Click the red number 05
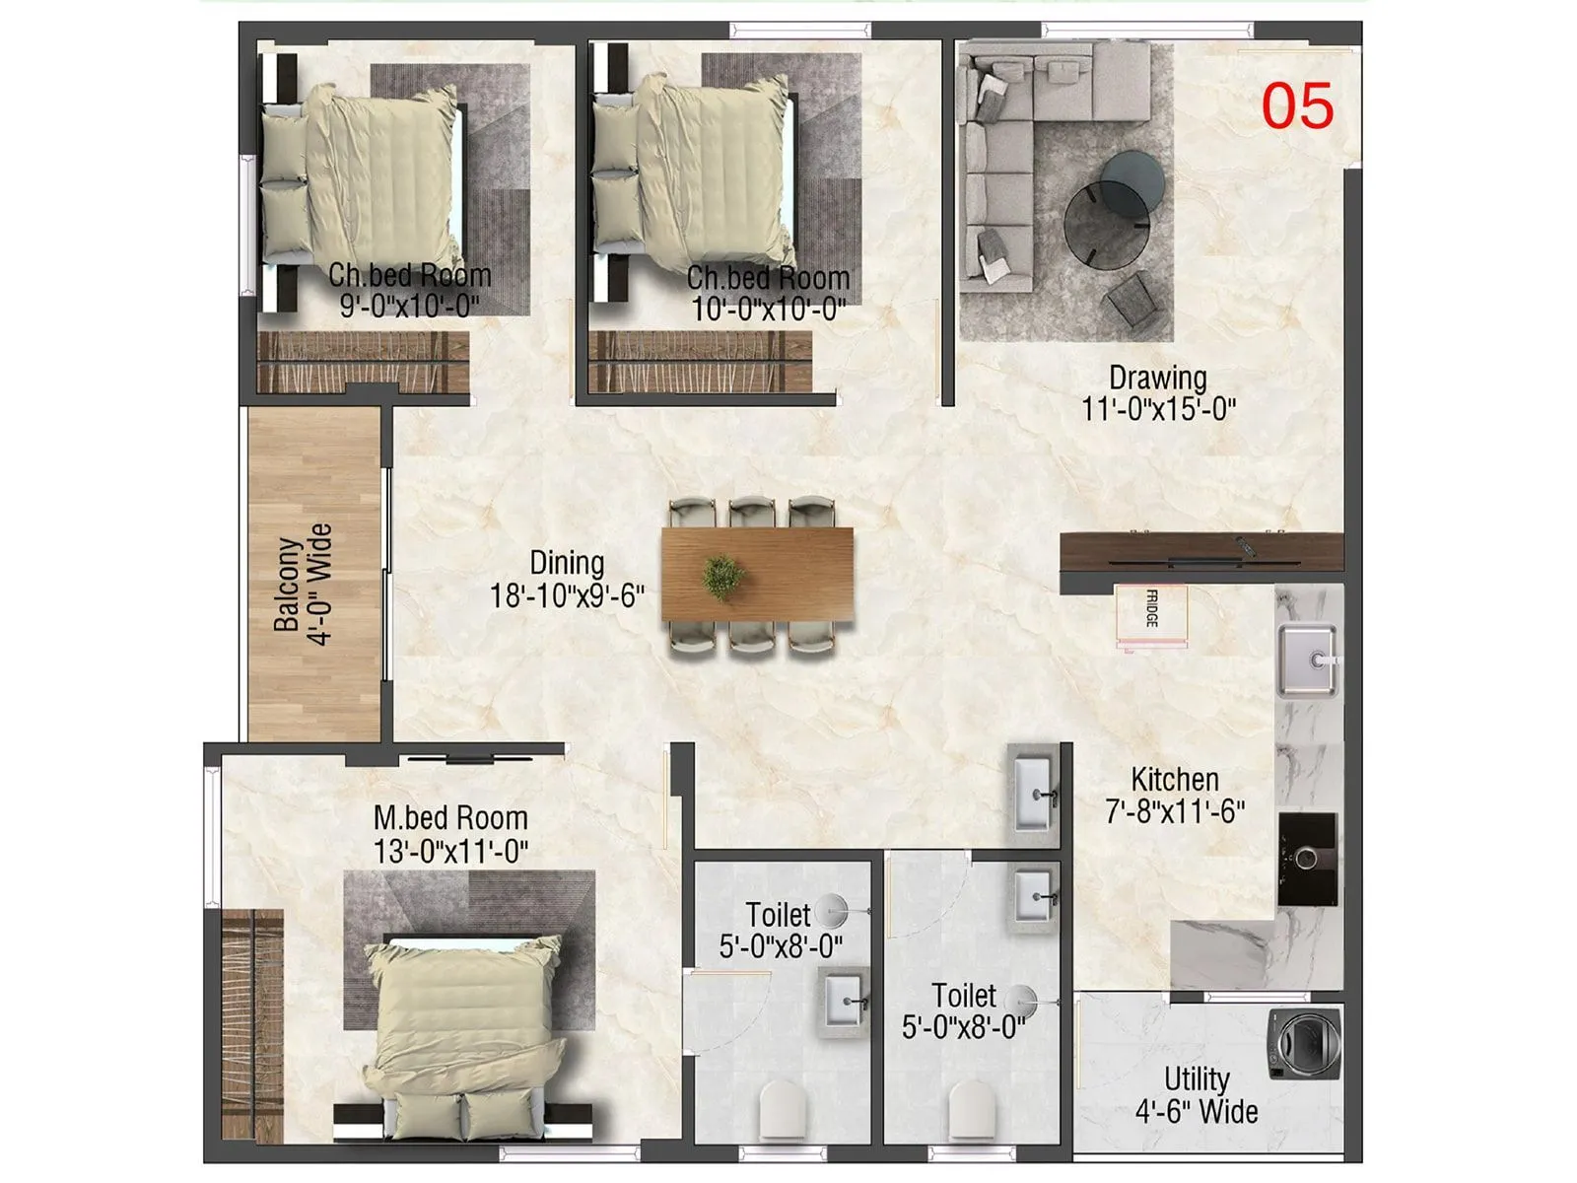[1297, 106]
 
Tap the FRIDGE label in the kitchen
[1151, 609]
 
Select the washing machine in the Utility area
[1304, 1043]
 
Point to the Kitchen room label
[1174, 780]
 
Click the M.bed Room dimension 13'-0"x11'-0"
[450, 851]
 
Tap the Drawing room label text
[1157, 378]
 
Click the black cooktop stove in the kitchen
[1307, 859]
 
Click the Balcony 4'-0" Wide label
[304, 585]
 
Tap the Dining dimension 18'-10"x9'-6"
[567, 595]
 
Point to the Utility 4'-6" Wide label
[1197, 1095]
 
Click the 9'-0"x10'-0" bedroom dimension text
[409, 306]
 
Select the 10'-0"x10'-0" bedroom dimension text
[768, 310]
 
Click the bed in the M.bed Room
[463, 1025]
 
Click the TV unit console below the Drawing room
[1200, 550]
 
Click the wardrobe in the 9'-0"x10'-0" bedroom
[363, 362]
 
